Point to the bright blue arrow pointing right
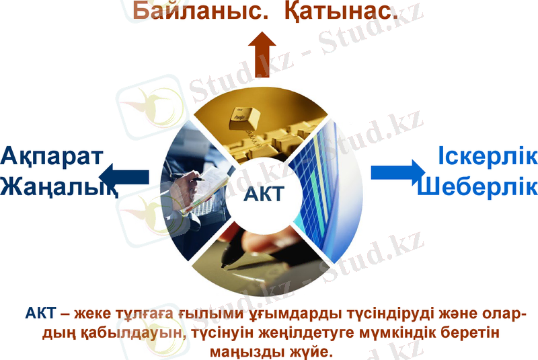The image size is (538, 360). (397, 172)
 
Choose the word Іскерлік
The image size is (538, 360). (488, 155)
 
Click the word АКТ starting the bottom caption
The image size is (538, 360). (40, 314)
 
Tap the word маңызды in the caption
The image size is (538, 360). (246, 351)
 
